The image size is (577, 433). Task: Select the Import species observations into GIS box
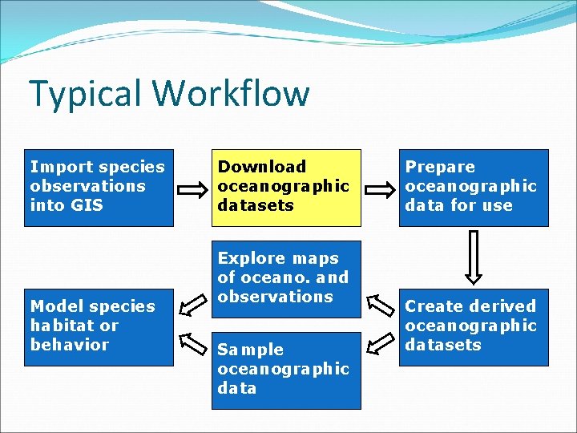[99, 188]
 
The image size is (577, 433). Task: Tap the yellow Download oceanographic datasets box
[286, 188]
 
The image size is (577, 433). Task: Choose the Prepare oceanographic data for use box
[474, 188]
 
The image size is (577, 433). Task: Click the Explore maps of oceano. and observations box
[286, 278]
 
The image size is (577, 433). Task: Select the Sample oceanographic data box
[286, 370]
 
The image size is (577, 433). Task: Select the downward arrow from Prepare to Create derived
[474, 257]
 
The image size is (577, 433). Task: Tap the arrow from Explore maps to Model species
[192, 306]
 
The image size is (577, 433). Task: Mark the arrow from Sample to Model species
[192, 343]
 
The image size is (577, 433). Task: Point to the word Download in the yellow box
[262, 167]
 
